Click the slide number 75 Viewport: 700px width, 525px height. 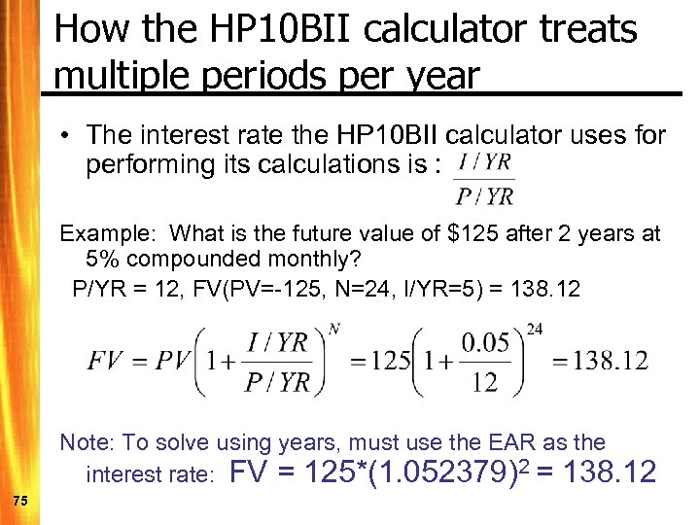pos(20,500)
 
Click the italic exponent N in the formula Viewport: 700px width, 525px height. pos(333,330)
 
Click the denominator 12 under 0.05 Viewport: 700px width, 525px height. pos(484,381)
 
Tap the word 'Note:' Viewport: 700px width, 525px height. pos(87,443)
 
